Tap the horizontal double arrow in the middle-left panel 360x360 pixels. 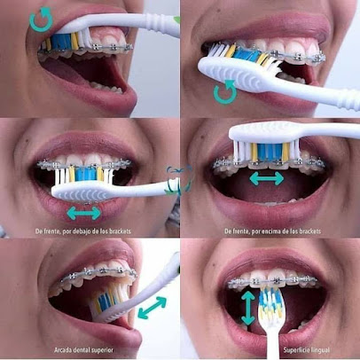click(x=84, y=213)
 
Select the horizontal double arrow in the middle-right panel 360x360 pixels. click(x=266, y=179)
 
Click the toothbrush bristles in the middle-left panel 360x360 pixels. click(x=87, y=175)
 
